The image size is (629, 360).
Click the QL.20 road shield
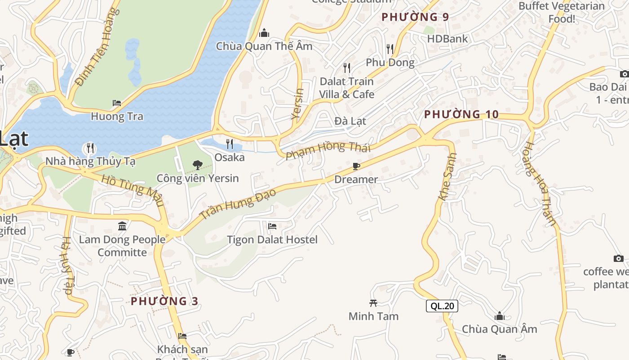(442, 306)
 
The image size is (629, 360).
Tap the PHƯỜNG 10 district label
(461, 114)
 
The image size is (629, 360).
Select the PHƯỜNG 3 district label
(164, 301)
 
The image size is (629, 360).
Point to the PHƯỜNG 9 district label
(415, 17)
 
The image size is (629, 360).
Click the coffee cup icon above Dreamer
(356, 166)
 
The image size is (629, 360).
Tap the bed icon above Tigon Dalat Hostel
(272, 226)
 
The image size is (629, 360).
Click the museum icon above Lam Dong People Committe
(122, 226)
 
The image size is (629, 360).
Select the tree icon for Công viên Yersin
(197, 165)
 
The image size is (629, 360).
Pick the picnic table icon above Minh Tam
(373, 303)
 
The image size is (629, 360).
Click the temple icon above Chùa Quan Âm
(500, 316)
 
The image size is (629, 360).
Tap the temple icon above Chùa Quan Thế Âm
(264, 33)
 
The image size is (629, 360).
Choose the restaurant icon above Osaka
(230, 144)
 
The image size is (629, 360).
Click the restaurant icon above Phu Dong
(390, 49)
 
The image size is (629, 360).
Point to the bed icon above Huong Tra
(117, 103)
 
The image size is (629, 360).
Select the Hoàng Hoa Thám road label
(540, 184)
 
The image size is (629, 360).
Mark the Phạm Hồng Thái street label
(328, 150)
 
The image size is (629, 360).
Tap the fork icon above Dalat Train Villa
(347, 68)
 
